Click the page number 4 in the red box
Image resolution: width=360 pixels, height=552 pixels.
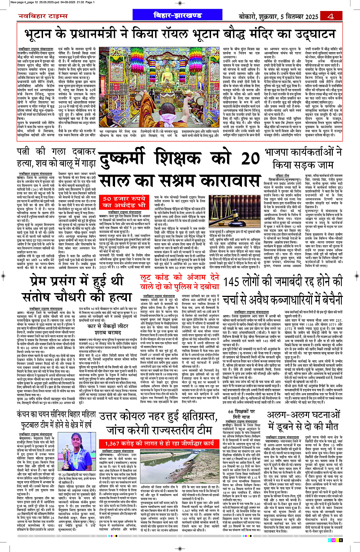pos(330,16)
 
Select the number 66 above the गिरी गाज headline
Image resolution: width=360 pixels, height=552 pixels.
pos(232,412)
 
